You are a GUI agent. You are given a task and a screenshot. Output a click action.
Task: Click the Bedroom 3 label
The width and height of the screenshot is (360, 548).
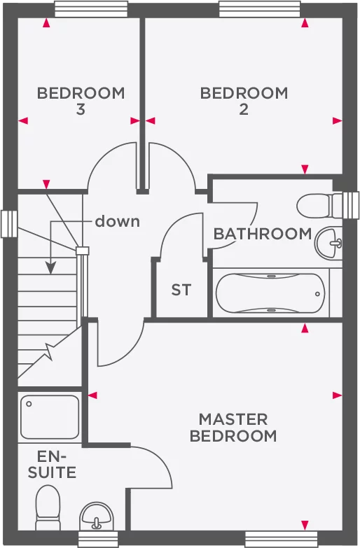81,101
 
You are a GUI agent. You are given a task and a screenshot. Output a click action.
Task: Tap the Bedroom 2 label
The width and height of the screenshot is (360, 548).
244,101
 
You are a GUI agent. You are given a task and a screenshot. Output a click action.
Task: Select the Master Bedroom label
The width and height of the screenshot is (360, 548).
233,428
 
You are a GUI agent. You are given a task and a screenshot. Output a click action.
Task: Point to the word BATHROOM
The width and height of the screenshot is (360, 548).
263,234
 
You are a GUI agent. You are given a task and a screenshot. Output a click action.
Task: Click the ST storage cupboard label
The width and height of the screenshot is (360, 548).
181,290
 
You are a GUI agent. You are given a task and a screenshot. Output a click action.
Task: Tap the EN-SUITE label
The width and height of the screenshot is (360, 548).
52,465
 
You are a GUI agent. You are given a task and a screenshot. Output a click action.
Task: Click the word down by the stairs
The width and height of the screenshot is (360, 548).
117,221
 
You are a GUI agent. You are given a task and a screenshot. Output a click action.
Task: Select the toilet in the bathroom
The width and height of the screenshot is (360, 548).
319,206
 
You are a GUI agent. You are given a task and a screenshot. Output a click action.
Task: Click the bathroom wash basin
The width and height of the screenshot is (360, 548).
328,244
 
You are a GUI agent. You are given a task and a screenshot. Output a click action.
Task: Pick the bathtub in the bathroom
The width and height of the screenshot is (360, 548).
270,293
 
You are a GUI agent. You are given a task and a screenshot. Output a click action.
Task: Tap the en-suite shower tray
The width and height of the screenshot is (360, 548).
49,417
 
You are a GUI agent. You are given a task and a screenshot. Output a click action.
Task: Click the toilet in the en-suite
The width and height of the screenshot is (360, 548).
48,508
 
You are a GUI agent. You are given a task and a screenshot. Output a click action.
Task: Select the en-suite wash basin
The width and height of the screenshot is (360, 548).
97,517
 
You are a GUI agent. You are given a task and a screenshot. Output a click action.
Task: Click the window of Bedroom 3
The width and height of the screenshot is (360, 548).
91,9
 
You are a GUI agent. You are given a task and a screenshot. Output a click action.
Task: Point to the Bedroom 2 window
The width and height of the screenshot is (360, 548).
260,9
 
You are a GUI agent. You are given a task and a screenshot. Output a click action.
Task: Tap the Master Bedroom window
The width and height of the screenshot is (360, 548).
282,540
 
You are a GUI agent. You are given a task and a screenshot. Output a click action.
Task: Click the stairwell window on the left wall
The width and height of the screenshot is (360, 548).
9,224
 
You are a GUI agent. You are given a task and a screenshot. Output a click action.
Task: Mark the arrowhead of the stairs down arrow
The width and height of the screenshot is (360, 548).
50,269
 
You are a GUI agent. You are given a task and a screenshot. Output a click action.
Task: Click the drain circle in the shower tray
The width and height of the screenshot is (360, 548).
29,404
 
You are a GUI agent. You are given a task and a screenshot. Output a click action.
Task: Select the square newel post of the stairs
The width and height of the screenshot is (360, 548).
83,251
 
